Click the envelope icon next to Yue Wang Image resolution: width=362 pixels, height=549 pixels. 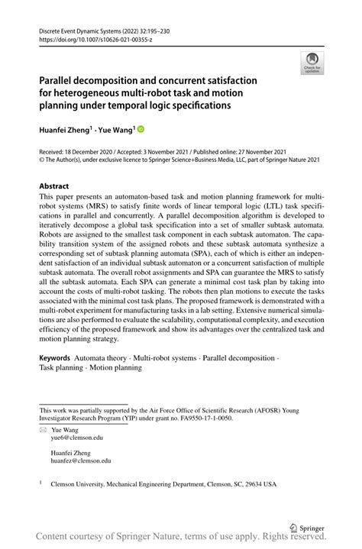[43, 429]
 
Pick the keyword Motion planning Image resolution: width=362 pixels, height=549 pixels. [116, 367]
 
